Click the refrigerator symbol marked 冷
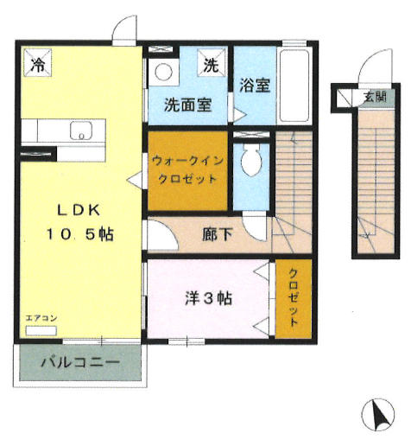[x=38, y=62]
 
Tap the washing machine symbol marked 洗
[x=211, y=62]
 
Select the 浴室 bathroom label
[x=255, y=85]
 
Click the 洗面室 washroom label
[x=188, y=105]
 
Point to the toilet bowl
[x=251, y=160]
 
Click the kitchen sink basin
[x=81, y=131]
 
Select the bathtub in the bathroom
[x=294, y=86]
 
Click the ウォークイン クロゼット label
[x=187, y=169]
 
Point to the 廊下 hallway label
[x=218, y=234]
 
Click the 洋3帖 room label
[x=208, y=298]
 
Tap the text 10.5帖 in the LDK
[x=80, y=234]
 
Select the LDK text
[x=79, y=210]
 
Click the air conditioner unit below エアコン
[x=41, y=331]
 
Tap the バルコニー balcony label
[x=80, y=362]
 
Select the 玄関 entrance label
[x=375, y=97]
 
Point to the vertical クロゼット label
[x=294, y=297]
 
